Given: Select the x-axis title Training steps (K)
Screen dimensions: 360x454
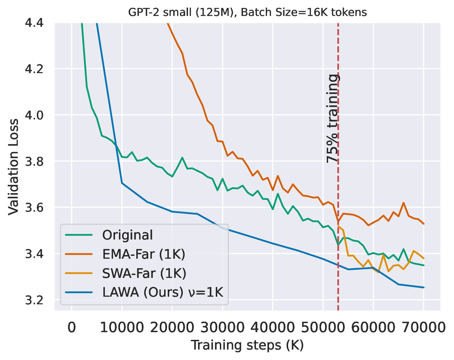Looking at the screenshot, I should click(248, 346).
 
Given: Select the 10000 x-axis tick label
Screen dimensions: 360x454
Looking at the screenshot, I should click(122, 327).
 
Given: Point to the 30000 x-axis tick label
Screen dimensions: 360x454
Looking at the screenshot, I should click(223, 327).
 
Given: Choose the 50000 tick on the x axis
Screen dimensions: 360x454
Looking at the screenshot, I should click(323, 327).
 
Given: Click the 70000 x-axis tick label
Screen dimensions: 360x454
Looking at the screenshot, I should click(424, 327).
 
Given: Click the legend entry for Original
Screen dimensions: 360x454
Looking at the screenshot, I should click(128, 235).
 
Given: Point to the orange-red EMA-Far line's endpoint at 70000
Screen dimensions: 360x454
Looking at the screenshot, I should click(424, 224).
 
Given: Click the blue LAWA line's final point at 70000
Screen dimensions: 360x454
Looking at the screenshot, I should click(424, 288).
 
